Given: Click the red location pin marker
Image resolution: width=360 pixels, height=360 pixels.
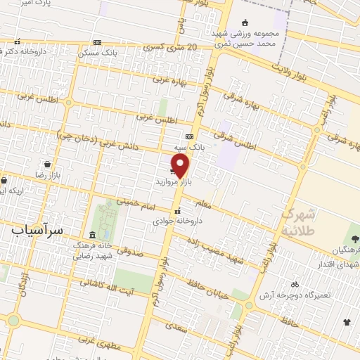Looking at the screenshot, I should pyautogui.click(x=181, y=166).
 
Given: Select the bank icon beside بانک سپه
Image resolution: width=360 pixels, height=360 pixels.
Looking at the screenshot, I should pyautogui.click(x=189, y=136).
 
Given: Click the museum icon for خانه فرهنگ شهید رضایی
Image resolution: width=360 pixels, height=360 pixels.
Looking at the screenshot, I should pyautogui.click(x=92, y=235).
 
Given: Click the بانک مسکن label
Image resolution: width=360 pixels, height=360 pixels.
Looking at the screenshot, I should pyautogui.click(x=99, y=52).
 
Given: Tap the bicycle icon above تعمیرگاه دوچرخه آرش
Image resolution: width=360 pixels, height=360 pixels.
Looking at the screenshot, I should pyautogui.click(x=295, y=285).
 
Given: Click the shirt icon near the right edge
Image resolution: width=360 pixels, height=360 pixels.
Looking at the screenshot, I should pyautogui.click(x=347, y=323).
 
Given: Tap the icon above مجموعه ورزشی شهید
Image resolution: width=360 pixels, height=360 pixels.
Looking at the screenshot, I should pyautogui.click(x=245, y=22).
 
